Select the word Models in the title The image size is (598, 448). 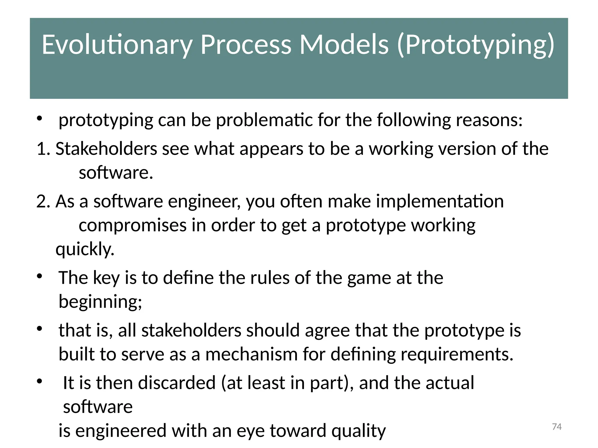pyautogui.click(x=344, y=45)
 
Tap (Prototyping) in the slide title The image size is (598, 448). pyautogui.click(x=476, y=45)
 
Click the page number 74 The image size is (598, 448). pyautogui.click(x=557, y=427)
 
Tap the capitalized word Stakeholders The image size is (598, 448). pyautogui.click(x=106, y=149)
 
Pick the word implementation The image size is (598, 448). pyautogui.click(x=440, y=201)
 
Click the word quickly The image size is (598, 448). pyautogui.click(x=85, y=249)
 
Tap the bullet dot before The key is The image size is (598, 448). pyautogui.click(x=40, y=276)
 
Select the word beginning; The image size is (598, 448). pyautogui.click(x=100, y=302)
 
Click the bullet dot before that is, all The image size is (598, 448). pyautogui.click(x=40, y=329)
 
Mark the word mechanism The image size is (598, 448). pyautogui.click(x=251, y=354)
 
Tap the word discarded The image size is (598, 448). pyautogui.click(x=177, y=383)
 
